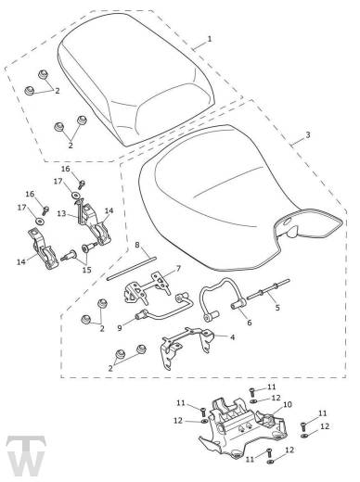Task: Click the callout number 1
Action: point(210,39)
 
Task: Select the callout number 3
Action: point(308,135)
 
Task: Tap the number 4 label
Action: point(232,336)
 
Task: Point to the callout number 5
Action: point(277,308)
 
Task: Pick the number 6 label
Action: point(250,323)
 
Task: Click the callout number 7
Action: point(178,269)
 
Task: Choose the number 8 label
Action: point(137,246)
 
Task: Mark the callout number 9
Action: point(120,327)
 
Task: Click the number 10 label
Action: point(288,404)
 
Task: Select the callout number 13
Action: point(62,213)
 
